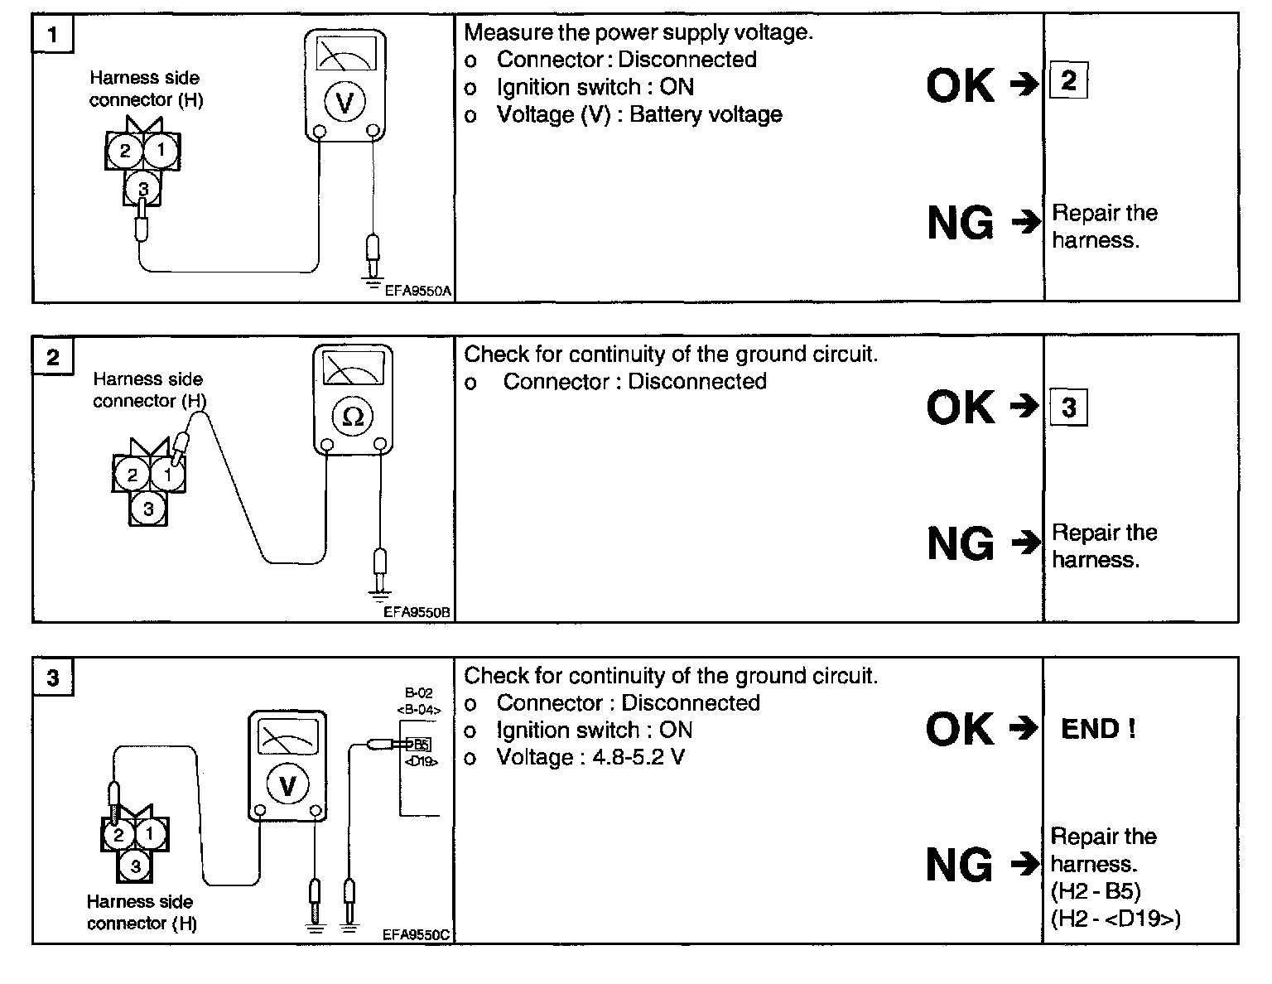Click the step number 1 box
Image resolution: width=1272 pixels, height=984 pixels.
click(x=53, y=34)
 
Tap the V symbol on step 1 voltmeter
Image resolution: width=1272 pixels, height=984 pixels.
click(x=344, y=102)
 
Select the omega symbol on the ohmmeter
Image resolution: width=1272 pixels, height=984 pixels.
click(x=353, y=417)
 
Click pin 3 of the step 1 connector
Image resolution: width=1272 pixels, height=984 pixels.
click(x=142, y=189)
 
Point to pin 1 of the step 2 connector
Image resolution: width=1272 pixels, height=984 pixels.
click(x=168, y=474)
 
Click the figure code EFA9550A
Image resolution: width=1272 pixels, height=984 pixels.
click(x=418, y=291)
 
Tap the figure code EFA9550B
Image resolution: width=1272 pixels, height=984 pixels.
click(x=417, y=612)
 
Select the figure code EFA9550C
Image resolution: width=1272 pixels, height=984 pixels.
click(x=416, y=934)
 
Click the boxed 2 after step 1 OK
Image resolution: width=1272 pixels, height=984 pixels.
click(x=1069, y=80)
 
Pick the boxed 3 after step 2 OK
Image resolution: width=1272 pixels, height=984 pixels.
click(x=1069, y=408)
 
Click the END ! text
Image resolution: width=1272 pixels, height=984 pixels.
click(x=1099, y=729)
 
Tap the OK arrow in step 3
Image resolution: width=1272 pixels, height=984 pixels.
click(x=1024, y=729)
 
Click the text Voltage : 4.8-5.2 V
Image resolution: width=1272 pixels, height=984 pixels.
click(x=590, y=757)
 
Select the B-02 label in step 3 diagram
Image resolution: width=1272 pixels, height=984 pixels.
click(x=418, y=693)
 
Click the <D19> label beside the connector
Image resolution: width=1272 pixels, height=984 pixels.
click(x=421, y=761)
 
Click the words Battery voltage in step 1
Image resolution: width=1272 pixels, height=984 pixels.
click(x=706, y=115)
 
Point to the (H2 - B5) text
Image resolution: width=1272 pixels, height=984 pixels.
click(x=1096, y=891)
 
